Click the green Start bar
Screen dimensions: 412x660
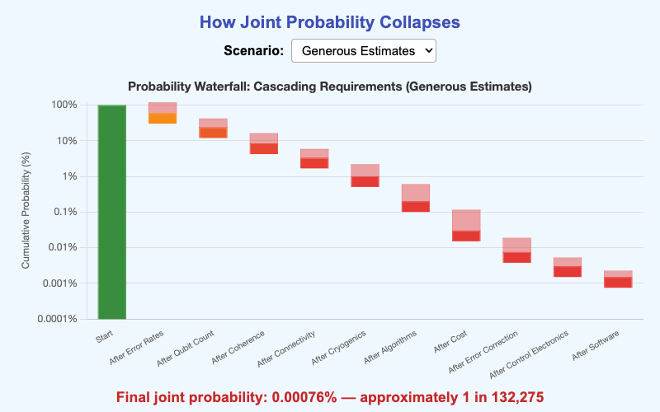pyautogui.click(x=111, y=212)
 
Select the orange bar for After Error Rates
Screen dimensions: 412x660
pyautogui.click(x=163, y=118)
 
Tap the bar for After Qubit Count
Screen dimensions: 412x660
pyautogui.click(x=213, y=133)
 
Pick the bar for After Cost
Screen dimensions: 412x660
pyautogui.click(x=466, y=236)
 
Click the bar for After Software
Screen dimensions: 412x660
pyautogui.click(x=618, y=282)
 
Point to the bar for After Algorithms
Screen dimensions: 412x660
pyautogui.click(x=416, y=206)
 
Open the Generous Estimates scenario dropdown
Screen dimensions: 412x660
pyautogui.click(x=363, y=50)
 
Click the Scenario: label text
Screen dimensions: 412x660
pyautogui.click(x=253, y=50)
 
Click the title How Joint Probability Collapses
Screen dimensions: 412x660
pyautogui.click(x=329, y=21)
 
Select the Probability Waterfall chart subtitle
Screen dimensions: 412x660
pyautogui.click(x=329, y=86)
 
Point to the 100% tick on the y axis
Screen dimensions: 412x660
pyautogui.click(x=64, y=105)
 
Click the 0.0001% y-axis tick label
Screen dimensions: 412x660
pyautogui.click(x=58, y=319)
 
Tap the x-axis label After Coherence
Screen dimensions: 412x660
pyautogui.click(x=238, y=348)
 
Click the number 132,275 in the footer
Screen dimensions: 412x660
pyautogui.click(x=511, y=397)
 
